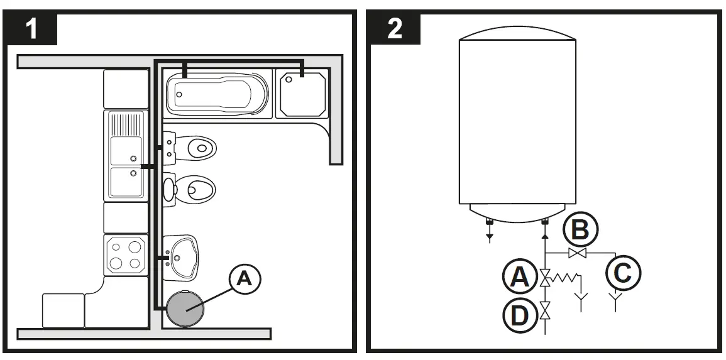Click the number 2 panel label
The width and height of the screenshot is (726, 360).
(395, 28)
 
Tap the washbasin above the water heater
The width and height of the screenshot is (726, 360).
(180, 256)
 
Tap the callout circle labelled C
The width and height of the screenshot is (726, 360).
(623, 273)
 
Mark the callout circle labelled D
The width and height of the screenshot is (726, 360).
(519, 314)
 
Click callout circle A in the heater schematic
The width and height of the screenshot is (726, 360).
(519, 276)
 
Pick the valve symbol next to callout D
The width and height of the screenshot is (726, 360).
(545, 309)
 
